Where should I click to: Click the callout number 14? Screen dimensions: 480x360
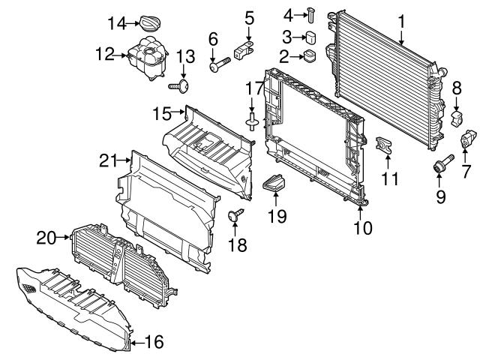tap(117, 23)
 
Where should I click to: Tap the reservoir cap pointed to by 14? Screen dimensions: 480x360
tap(150, 23)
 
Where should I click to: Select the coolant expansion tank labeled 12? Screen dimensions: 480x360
tap(147, 58)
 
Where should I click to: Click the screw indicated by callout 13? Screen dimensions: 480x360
tap(179, 86)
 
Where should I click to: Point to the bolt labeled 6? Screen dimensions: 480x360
tap(220, 64)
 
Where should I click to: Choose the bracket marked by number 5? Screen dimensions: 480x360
tap(244, 50)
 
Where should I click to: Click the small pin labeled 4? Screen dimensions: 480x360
tap(310, 13)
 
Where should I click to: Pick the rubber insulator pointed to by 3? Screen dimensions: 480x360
tap(311, 37)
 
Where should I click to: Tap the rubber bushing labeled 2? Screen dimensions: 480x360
tap(310, 56)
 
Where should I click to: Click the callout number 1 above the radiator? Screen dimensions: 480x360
tap(401, 22)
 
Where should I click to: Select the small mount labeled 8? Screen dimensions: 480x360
tap(457, 118)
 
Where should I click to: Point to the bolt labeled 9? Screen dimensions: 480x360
tap(443, 163)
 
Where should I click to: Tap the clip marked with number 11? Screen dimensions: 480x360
tap(384, 144)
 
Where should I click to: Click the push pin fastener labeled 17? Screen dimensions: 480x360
tap(252, 121)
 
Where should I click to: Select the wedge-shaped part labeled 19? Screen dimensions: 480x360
tap(274, 183)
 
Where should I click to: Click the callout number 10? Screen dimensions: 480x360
tap(363, 228)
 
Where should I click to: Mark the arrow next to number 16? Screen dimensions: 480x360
tap(138, 343)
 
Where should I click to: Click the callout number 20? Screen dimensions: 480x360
tap(46, 238)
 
